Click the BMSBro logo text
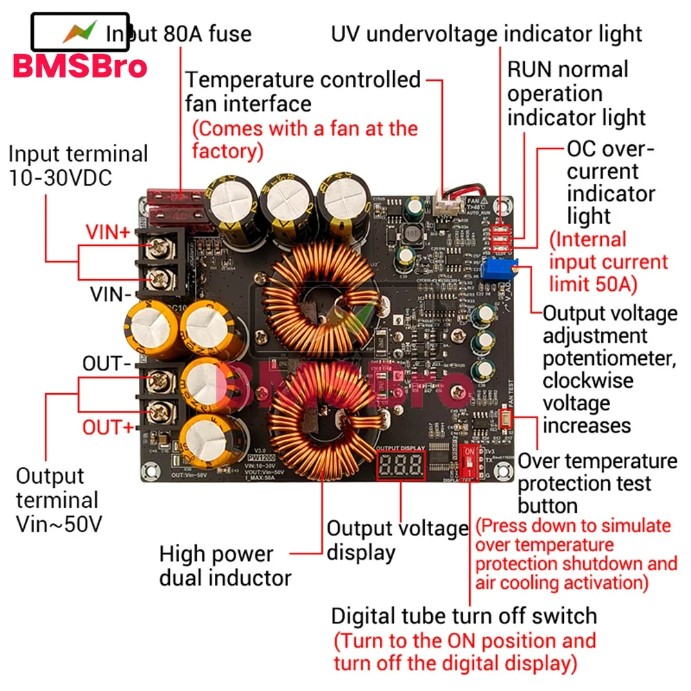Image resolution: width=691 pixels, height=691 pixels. pyautogui.click(x=79, y=66)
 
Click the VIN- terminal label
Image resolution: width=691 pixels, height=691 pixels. pyautogui.click(x=111, y=295)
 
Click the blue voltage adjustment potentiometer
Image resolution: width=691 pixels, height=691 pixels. pyautogui.click(x=497, y=270)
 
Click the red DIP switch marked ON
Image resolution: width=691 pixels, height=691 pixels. pyautogui.click(x=470, y=460)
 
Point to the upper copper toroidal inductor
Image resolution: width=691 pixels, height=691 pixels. pyautogui.click(x=319, y=295)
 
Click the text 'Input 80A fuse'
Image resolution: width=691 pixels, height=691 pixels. pyautogui.click(x=178, y=33)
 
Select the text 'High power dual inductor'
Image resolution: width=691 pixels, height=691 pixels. pyautogui.click(x=225, y=565)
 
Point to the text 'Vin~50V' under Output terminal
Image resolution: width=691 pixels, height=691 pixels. pyautogui.click(x=59, y=524)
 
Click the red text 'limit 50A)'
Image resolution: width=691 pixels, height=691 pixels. pyautogui.click(x=593, y=285)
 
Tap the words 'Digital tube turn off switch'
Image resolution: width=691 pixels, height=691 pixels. pyautogui.click(x=464, y=616)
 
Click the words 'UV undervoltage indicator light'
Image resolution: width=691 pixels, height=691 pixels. pyautogui.click(x=486, y=33)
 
